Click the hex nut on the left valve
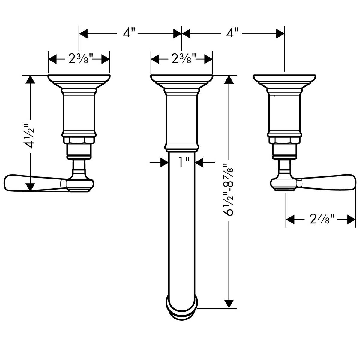(79, 140)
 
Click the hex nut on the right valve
(284, 140)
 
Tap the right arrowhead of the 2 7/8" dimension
(351, 220)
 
